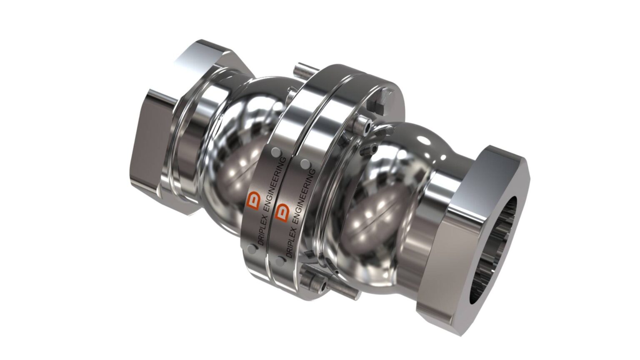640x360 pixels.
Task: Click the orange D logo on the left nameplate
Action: click(x=253, y=200)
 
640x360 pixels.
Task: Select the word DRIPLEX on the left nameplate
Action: click(x=258, y=228)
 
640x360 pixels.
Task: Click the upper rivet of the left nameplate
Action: click(x=275, y=152)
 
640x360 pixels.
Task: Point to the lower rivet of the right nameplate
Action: click(x=280, y=260)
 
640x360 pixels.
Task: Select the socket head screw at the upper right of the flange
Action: click(x=365, y=127)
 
